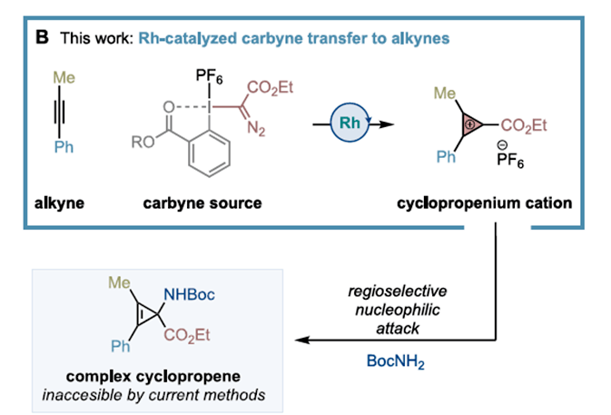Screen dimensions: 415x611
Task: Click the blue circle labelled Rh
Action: click(350, 122)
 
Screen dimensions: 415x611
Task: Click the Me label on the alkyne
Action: click(64, 77)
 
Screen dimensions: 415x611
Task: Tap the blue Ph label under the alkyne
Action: click(64, 148)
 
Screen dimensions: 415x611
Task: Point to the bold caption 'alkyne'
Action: click(58, 203)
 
